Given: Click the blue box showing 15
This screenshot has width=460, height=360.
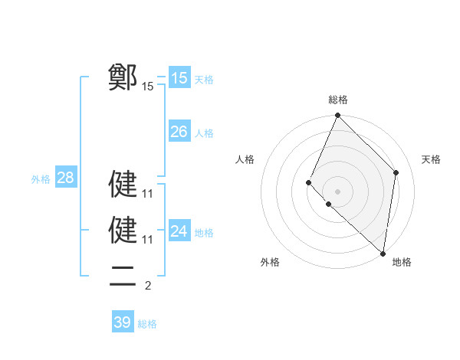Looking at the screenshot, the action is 179,77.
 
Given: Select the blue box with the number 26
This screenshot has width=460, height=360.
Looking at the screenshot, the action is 179,132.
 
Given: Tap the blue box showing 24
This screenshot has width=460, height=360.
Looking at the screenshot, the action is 179,231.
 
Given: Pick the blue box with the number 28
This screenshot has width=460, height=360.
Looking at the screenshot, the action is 65,178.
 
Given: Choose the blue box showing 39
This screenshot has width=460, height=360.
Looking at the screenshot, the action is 122,322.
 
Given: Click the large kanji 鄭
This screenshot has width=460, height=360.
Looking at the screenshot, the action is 123,77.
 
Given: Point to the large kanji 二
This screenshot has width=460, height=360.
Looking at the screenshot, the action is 123,275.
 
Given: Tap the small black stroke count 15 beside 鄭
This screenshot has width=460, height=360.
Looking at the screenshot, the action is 147,87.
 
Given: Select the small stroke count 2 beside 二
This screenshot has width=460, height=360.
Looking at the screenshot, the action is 147,286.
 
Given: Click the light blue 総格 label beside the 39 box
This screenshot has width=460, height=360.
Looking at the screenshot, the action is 147,324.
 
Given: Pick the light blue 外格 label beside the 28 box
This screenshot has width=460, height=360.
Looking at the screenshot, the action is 41,180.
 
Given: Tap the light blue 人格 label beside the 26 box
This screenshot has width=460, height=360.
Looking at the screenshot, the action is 204,133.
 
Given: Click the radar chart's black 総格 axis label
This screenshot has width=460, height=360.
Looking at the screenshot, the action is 338,100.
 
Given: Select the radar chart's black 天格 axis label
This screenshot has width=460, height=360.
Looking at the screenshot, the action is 431,159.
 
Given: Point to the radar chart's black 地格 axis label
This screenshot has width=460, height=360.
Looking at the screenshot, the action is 402,262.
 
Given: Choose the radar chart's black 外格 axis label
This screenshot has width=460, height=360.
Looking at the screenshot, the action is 270,262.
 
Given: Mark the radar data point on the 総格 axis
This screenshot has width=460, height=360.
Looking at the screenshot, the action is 337,116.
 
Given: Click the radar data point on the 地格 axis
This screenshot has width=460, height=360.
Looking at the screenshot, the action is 383,254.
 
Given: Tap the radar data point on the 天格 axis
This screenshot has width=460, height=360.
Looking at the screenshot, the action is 396,172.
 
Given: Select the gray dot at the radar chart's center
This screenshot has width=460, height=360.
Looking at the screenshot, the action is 337,191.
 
